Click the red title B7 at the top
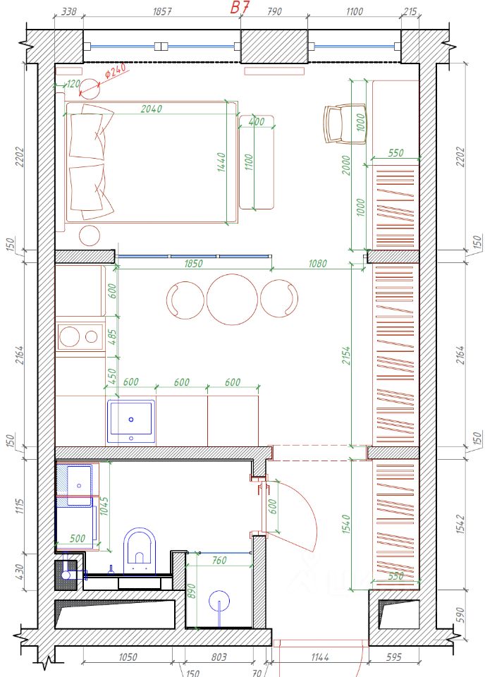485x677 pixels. click(240, 7)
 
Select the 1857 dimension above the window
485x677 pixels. click(162, 12)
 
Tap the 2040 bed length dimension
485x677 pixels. click(152, 109)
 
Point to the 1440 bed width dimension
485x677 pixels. click(221, 162)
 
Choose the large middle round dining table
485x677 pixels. click(232, 299)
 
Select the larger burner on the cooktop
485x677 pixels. click(70, 336)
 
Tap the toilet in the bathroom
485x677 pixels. click(140, 551)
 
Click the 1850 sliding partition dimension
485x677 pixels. click(193, 263)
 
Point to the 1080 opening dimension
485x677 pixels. click(318, 263)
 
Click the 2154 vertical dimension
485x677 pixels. click(346, 355)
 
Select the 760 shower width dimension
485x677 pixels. click(219, 561)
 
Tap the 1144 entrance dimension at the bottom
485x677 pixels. click(320, 657)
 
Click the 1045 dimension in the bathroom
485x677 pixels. click(104, 506)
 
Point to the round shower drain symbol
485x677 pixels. click(219, 601)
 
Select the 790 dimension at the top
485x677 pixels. click(274, 12)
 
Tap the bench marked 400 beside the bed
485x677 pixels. click(257, 162)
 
